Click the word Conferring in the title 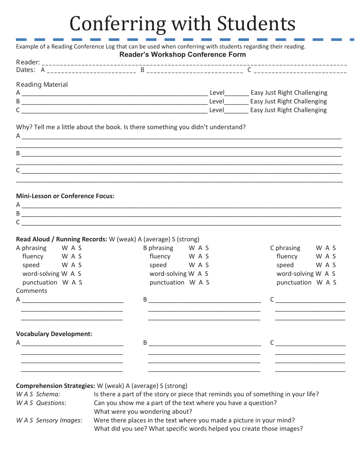tap(117, 23)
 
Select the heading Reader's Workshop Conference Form tap(183, 55)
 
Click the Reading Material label tap(42, 85)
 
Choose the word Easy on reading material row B tap(257, 102)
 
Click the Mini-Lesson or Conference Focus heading tap(65, 196)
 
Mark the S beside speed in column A tap(80, 265)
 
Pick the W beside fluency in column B tap(191, 256)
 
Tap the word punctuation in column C tap(294, 283)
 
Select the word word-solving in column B tap(168, 274)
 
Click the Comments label tap(31, 291)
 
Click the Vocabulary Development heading tap(54, 334)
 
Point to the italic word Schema tap(48, 394)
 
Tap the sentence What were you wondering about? tap(143, 412)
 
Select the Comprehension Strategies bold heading tap(55, 386)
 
